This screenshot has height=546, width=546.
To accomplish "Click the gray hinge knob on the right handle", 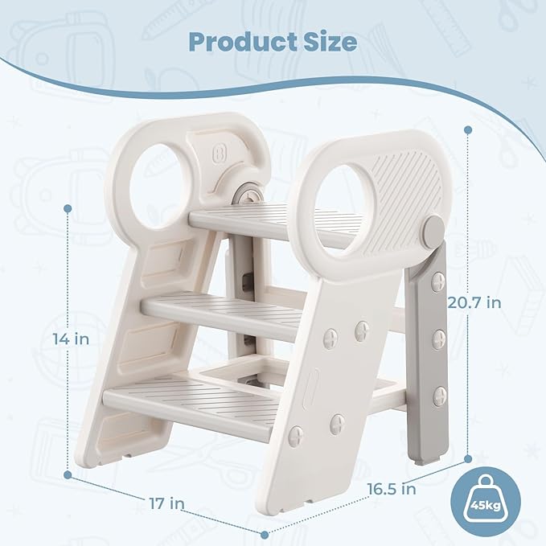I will [x=434, y=229].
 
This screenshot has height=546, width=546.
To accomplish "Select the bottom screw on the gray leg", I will [x=439, y=396].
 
